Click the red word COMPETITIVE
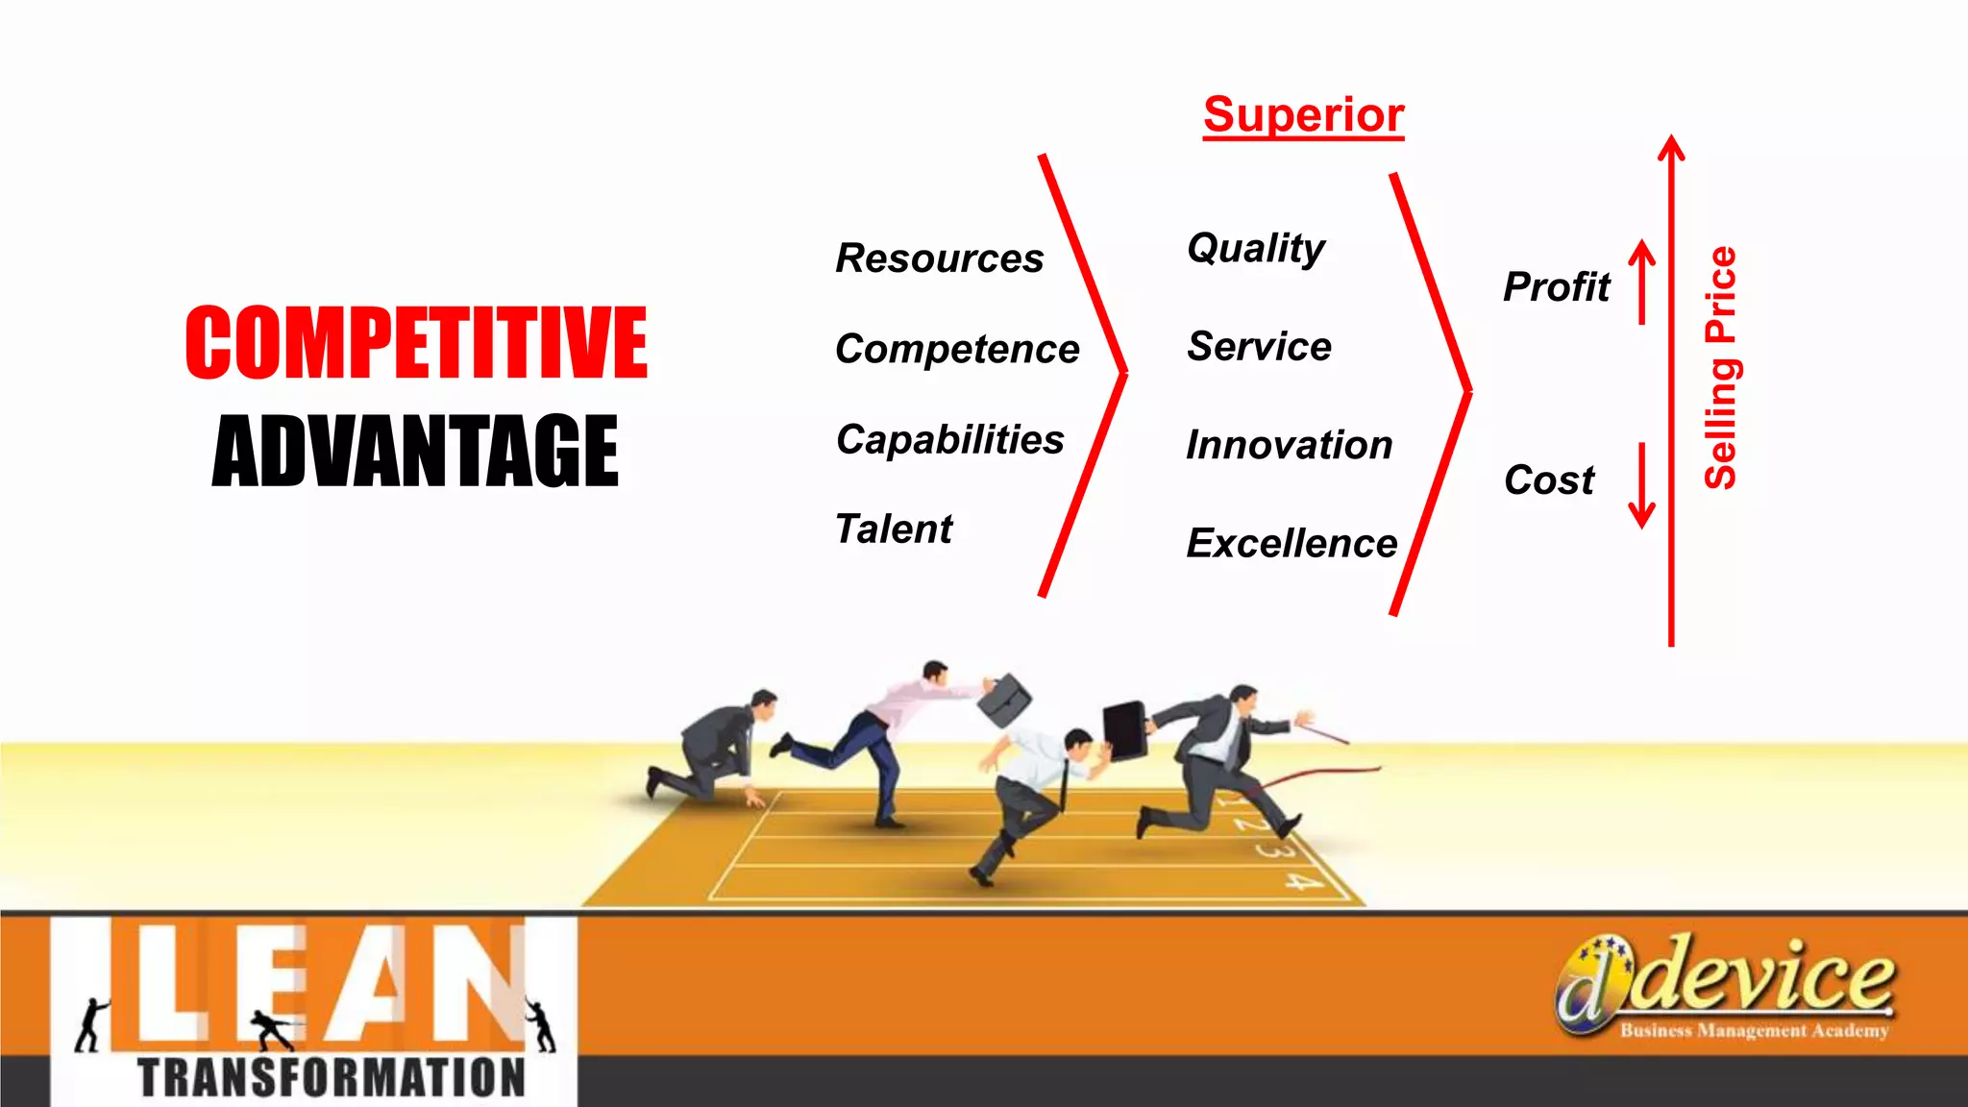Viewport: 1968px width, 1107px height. (x=416, y=342)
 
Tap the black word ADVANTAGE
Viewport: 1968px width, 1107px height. (x=415, y=450)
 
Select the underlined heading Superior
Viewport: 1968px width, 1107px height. (x=1303, y=115)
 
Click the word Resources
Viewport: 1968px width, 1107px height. (x=939, y=258)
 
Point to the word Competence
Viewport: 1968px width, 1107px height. (x=957, y=349)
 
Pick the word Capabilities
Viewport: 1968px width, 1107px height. (x=949, y=440)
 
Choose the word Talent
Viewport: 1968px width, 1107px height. (x=894, y=529)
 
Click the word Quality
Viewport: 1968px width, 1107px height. (x=1256, y=249)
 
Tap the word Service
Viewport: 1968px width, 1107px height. (x=1259, y=347)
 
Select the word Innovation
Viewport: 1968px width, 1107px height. (x=1289, y=445)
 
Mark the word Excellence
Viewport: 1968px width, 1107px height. (x=1291, y=544)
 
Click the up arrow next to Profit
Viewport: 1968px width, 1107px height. (x=1642, y=282)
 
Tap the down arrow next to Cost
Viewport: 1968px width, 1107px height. (x=1642, y=485)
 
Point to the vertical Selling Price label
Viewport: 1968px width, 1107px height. (x=1720, y=368)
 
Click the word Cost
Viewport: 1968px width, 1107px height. (x=1549, y=480)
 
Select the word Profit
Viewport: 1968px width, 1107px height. (x=1557, y=287)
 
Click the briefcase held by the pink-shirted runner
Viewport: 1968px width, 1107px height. (x=1004, y=699)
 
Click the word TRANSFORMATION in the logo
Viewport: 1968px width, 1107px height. (x=332, y=1077)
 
